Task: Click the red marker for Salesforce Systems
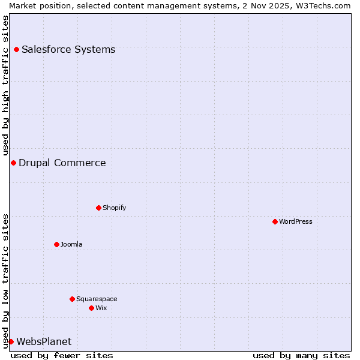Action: click(x=16, y=49)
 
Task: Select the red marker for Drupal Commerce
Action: click(x=13, y=163)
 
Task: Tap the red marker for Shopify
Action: click(x=98, y=208)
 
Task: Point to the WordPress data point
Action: click(x=275, y=221)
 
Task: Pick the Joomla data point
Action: click(x=56, y=244)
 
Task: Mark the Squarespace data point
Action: click(x=72, y=299)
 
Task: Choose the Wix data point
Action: click(x=91, y=308)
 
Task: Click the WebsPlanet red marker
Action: click(x=11, y=341)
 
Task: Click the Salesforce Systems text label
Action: click(x=68, y=49)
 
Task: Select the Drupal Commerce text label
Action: click(x=62, y=163)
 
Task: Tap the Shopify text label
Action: click(x=114, y=208)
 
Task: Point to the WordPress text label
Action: click(x=296, y=221)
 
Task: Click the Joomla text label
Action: click(x=71, y=244)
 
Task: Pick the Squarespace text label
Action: click(x=97, y=299)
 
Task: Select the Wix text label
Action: click(x=101, y=308)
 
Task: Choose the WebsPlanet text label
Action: click(x=44, y=341)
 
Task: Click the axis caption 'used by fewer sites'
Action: click(x=62, y=355)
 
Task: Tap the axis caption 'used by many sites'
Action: click(x=301, y=355)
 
